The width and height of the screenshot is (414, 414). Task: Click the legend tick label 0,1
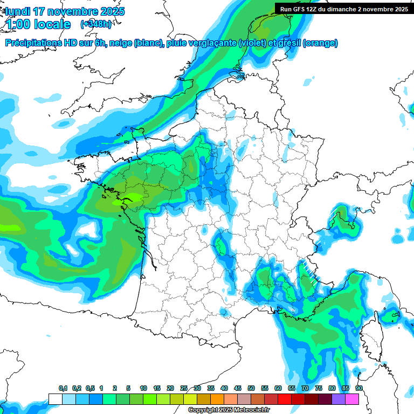[63, 388]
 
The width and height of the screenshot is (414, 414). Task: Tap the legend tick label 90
[359, 388]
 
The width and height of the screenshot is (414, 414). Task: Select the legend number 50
[251, 388]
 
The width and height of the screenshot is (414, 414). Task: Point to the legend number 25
[184, 388]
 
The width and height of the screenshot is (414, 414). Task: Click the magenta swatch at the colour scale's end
[353, 399]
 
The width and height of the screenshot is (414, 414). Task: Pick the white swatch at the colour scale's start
[55, 399]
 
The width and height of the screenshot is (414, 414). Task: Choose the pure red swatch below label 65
[285, 399]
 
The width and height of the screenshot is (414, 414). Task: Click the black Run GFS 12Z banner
[344, 9]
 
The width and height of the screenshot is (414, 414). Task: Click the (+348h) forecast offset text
[96, 24]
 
